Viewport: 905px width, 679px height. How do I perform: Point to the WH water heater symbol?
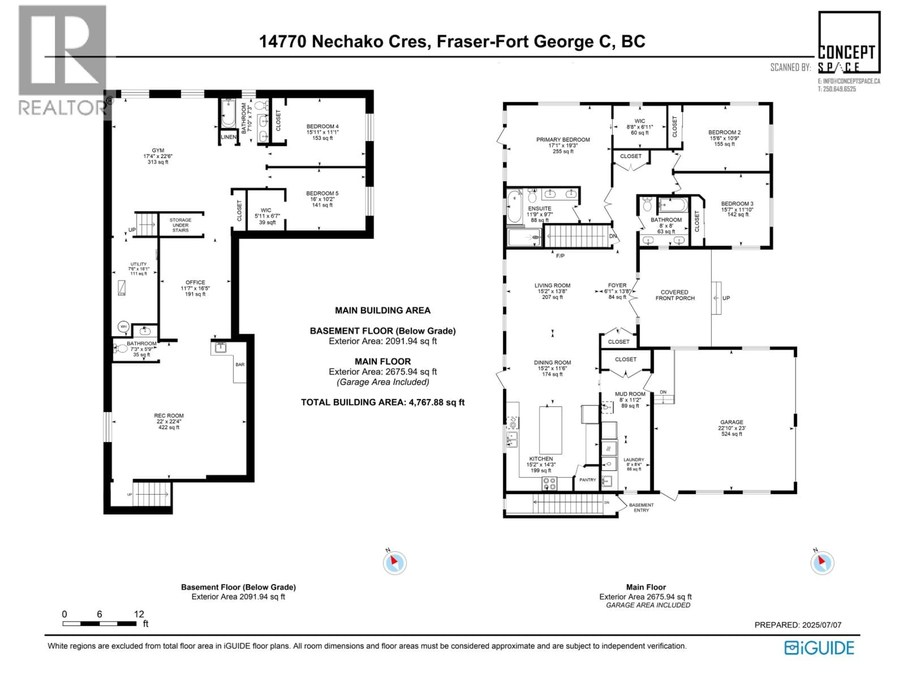click(123, 327)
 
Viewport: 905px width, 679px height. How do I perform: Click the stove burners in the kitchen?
click(549, 483)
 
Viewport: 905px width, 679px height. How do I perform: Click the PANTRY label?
click(588, 480)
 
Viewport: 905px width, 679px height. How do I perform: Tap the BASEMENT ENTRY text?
click(641, 508)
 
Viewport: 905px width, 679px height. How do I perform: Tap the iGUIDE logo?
click(819, 648)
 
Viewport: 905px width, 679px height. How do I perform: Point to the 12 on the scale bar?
click(139, 614)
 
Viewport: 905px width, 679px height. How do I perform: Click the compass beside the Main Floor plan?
click(822, 563)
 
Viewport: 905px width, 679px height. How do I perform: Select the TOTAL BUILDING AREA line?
click(383, 402)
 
